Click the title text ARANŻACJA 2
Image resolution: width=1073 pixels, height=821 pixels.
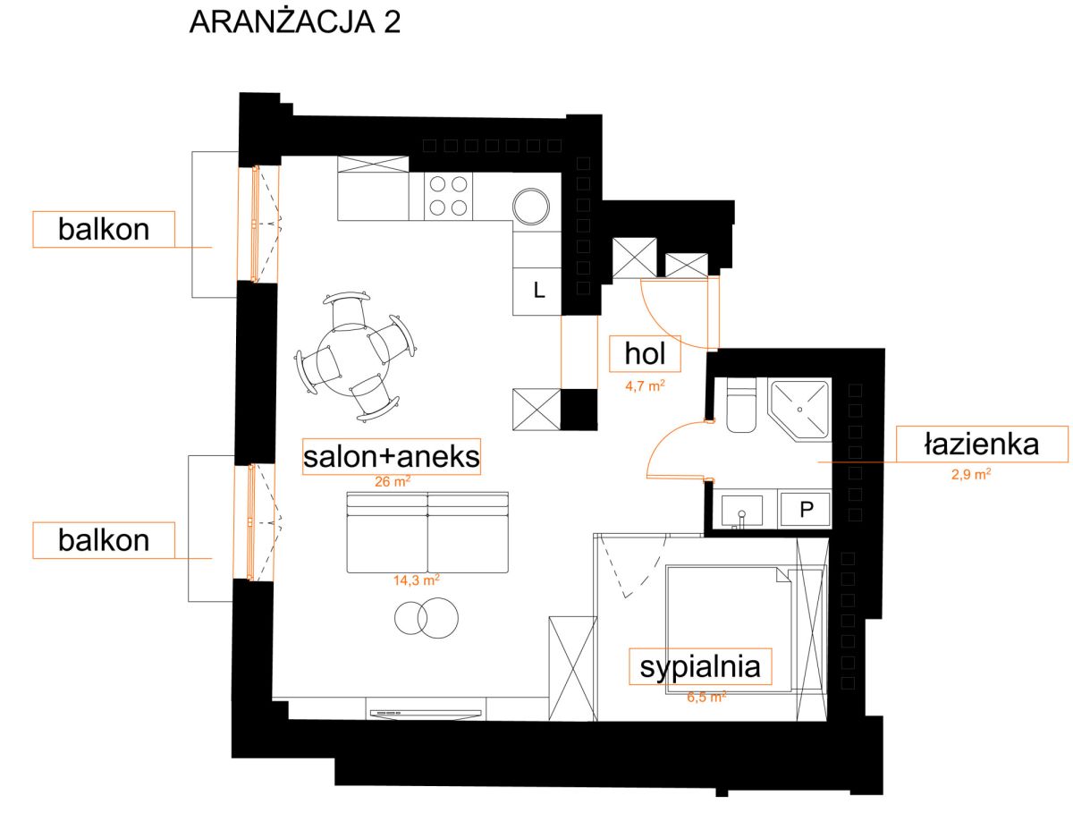pos(294,22)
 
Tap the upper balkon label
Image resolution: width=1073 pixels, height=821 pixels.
pos(104,229)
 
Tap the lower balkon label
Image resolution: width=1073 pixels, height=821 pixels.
pos(104,540)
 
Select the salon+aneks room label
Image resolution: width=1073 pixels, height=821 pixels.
pos(391,457)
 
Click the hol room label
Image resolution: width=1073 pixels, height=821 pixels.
pos(645,353)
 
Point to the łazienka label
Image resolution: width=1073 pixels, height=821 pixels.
pos(981,444)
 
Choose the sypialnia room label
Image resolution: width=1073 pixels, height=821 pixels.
pos(700,667)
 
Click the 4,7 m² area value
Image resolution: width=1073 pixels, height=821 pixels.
pos(645,385)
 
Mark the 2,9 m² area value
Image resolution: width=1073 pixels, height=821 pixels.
pos(971,474)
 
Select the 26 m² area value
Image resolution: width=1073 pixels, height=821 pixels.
pos(392,481)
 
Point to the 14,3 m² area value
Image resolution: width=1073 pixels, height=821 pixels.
pos(417,580)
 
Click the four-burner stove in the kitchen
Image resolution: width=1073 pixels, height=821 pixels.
pos(448,196)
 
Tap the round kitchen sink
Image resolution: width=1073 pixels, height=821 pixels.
pos(530,207)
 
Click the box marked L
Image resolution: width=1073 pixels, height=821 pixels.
pos(536,291)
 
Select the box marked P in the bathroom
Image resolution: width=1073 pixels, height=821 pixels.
pos(805,510)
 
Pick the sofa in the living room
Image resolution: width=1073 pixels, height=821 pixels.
pos(427,532)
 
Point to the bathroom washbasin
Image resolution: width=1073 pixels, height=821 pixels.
pos(741,511)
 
